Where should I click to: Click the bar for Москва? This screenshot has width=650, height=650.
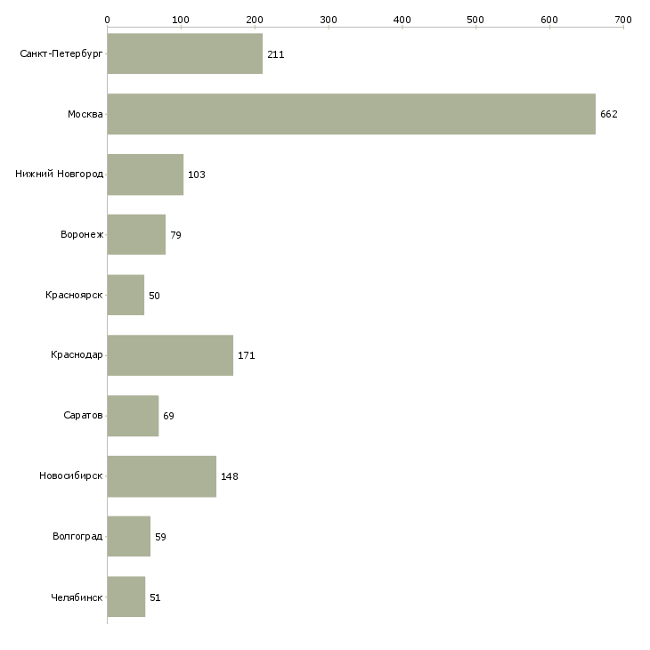351,114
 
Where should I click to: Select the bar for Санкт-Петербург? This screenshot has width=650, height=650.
184,53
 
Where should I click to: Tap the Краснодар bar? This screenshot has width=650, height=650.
170,355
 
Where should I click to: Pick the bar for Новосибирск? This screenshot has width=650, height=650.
161,476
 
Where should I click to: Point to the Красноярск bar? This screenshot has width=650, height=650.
126,295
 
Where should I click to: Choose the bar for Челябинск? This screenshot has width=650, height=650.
126,597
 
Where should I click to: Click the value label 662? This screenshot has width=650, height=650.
609,114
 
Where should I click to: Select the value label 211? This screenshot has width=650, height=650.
275,54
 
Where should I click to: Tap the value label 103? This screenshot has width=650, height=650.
197,175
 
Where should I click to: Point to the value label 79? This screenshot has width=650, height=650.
175,235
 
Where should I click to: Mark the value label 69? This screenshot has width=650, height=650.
168,416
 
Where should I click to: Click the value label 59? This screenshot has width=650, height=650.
160,537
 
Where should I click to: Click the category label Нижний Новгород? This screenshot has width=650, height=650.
59,175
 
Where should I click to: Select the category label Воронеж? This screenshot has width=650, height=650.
82,235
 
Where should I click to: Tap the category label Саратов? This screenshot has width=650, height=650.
83,416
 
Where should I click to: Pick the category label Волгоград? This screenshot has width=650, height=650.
77,537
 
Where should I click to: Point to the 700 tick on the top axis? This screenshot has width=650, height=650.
623,19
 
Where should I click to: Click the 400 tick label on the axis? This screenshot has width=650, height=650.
402,19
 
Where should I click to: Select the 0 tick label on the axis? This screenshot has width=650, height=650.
107,19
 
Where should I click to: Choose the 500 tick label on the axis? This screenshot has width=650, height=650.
476,19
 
